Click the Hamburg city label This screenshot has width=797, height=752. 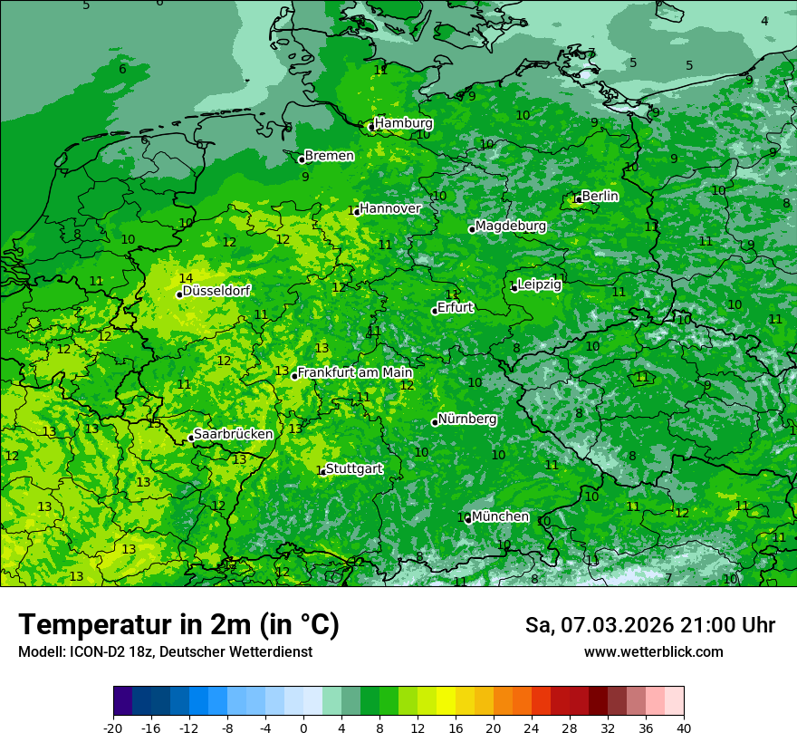click(404, 123)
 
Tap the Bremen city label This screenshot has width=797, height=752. click(329, 156)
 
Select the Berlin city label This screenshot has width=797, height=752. click(600, 196)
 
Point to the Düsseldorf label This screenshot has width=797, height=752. click(216, 291)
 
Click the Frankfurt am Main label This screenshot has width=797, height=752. click(355, 372)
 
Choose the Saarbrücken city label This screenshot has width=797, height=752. click(234, 434)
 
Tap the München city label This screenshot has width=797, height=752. click(500, 516)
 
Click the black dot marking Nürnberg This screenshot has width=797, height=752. click(435, 422)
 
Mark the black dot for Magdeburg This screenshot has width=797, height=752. click(472, 229)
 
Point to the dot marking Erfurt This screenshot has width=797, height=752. click(435, 311)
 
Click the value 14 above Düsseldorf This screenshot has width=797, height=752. click(186, 278)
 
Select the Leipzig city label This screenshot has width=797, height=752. click(540, 284)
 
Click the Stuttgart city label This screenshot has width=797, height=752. click(354, 468)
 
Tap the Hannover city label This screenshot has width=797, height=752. click(390, 208)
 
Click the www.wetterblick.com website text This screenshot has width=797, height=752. click(653, 651)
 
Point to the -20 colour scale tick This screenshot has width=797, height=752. click(113, 728)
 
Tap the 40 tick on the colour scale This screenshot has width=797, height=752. click(684, 728)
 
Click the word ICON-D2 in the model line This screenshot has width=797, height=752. click(91, 651)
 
